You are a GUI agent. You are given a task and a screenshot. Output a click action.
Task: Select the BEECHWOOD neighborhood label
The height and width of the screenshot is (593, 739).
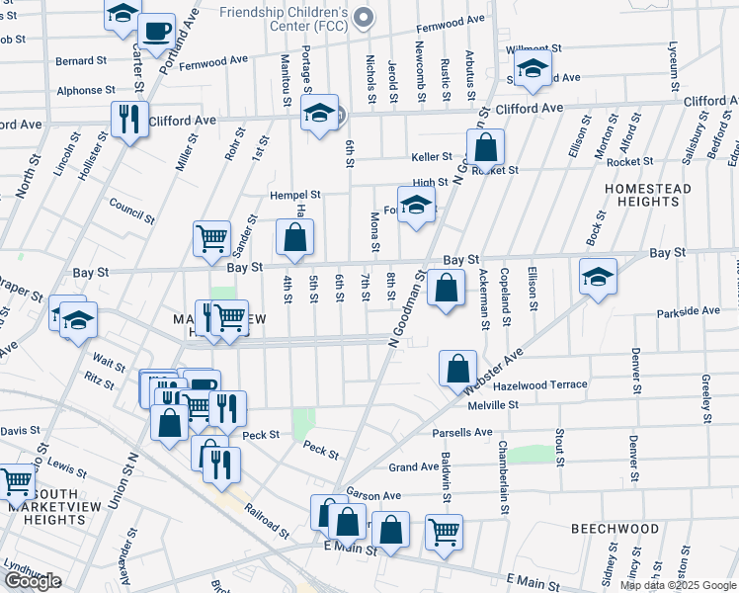(615, 529)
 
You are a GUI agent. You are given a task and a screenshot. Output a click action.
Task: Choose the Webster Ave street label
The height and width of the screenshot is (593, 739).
(494, 374)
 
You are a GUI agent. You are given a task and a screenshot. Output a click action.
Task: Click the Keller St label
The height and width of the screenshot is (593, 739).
(432, 156)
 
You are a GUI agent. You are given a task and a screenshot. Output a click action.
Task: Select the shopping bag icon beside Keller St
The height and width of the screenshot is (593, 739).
(486, 147)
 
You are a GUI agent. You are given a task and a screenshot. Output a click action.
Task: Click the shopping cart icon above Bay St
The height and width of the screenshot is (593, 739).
(211, 238)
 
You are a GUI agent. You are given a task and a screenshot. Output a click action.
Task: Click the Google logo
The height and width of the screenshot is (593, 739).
(33, 581)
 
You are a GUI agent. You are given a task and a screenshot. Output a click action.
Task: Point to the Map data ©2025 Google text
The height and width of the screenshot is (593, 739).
(677, 585)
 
